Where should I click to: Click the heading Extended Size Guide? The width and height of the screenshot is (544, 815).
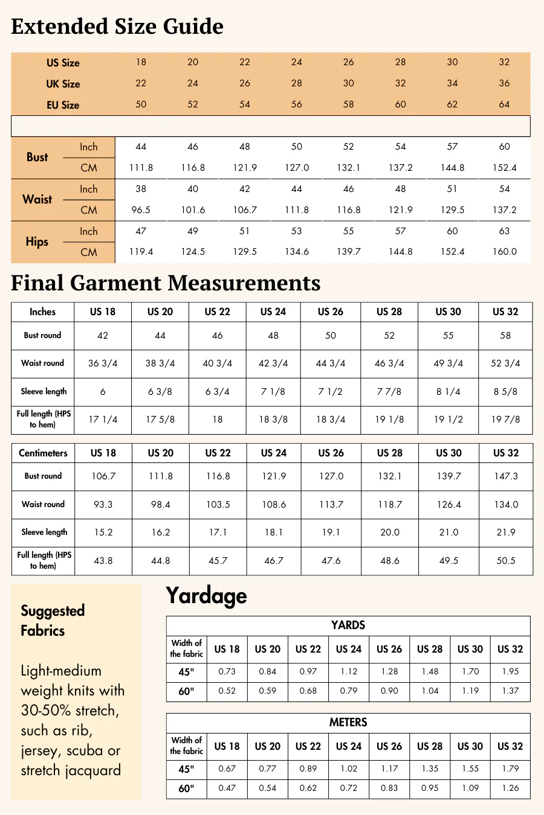point(117,27)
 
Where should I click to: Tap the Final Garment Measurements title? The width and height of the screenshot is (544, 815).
point(166,283)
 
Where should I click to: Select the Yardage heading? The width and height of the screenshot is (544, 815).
point(206,596)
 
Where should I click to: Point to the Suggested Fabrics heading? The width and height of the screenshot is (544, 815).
point(53,621)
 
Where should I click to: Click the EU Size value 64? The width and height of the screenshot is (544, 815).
point(504,104)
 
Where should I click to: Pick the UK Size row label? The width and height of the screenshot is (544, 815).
point(63,84)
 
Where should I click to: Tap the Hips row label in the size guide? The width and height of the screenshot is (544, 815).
point(37,241)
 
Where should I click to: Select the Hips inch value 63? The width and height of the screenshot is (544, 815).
point(504,231)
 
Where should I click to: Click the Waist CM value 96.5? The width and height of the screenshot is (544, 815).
point(141,210)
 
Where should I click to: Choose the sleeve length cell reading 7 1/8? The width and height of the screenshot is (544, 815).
point(273,392)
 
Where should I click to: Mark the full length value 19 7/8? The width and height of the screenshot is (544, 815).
point(505,420)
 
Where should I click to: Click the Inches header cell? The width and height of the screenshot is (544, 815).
point(42,312)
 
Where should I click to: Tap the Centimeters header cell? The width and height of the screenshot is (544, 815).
point(43,453)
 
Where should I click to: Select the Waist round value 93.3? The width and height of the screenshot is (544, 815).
point(103,505)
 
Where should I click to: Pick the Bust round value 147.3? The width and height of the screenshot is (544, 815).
point(506,476)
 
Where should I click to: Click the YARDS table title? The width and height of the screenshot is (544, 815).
point(348,625)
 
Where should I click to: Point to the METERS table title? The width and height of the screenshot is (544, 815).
point(348,723)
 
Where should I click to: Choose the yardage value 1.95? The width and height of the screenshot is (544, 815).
point(510,671)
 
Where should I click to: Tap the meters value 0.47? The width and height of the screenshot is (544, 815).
point(227,788)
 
